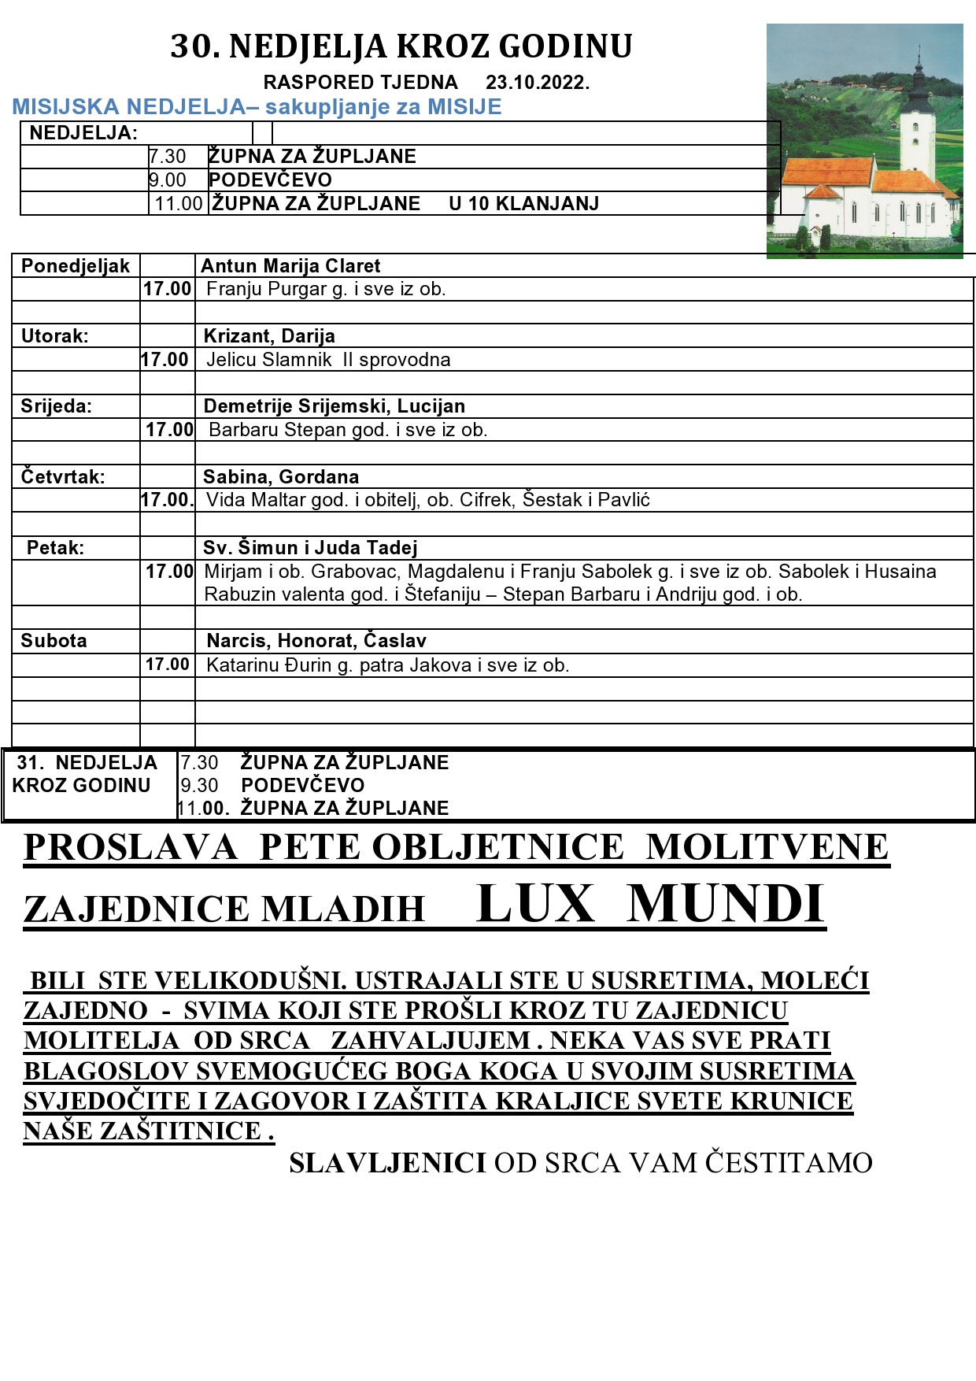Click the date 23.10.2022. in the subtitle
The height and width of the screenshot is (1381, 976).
click(538, 83)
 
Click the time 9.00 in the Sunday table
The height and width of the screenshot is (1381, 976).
click(168, 180)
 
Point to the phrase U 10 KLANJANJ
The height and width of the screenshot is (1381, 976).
click(523, 204)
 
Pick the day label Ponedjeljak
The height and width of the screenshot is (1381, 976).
click(75, 266)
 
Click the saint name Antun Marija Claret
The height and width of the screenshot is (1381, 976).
click(290, 266)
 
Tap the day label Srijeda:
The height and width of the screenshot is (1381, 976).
click(56, 406)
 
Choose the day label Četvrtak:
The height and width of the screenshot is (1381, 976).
click(62, 477)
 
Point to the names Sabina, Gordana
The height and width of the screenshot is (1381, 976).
click(280, 477)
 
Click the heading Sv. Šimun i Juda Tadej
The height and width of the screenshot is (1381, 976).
click(309, 548)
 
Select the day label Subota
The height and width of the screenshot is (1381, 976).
click(54, 641)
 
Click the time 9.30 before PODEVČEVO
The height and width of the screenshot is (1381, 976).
click(199, 786)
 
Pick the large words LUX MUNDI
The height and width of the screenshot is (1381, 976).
click(650, 904)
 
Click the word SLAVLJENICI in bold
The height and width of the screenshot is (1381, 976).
click(387, 1163)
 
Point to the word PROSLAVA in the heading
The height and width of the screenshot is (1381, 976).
click(131, 848)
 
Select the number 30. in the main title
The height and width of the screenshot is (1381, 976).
click(195, 47)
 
